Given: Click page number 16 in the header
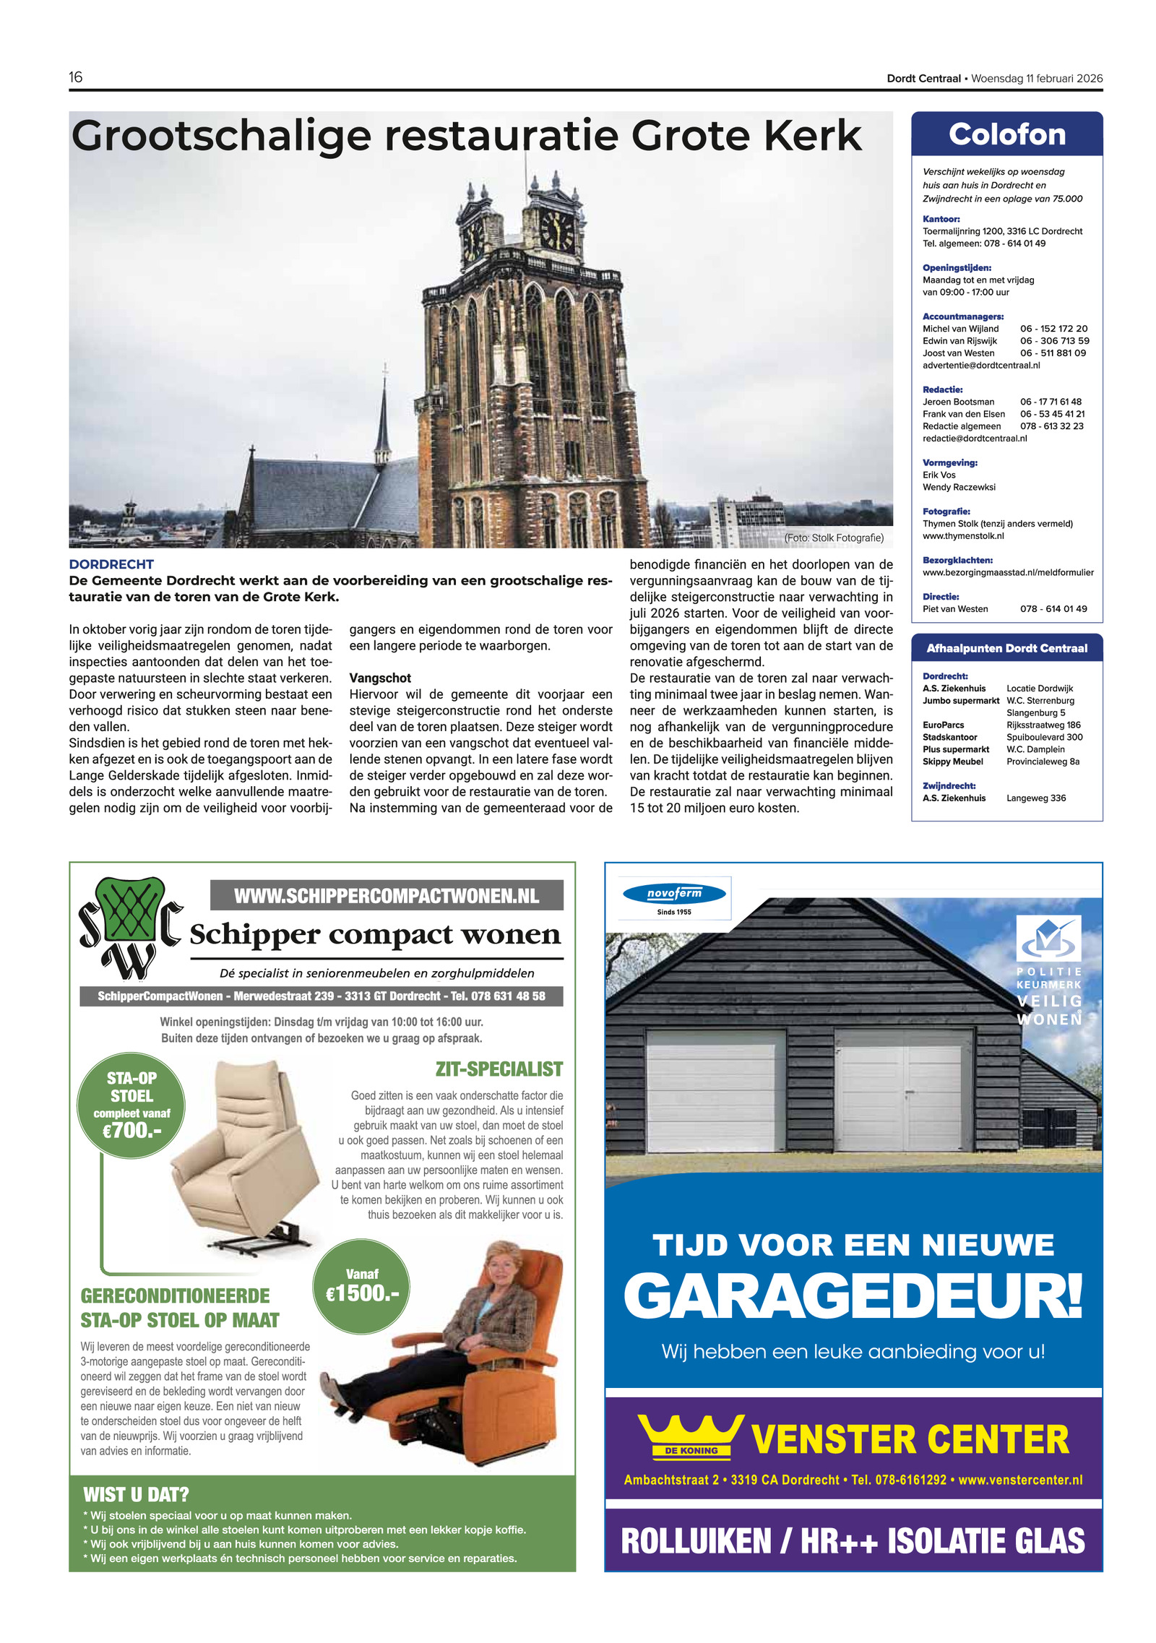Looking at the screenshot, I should click(x=76, y=77).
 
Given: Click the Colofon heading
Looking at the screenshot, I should click(x=1006, y=134).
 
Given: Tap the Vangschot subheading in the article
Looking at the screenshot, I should click(x=380, y=678).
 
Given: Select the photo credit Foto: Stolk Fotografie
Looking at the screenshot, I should click(x=834, y=538).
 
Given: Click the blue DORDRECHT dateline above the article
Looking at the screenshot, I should click(x=111, y=564).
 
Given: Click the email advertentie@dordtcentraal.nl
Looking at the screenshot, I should click(x=980, y=366).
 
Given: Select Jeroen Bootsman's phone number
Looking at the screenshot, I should click(x=1051, y=402).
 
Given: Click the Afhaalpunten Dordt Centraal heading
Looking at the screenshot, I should click(x=1006, y=648).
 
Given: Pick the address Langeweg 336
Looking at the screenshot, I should click(x=1035, y=798).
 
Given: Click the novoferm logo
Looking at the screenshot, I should click(x=674, y=894).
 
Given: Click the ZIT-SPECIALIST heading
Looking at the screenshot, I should click(x=499, y=1069).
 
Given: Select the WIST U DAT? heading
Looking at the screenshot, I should click(x=136, y=1494).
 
